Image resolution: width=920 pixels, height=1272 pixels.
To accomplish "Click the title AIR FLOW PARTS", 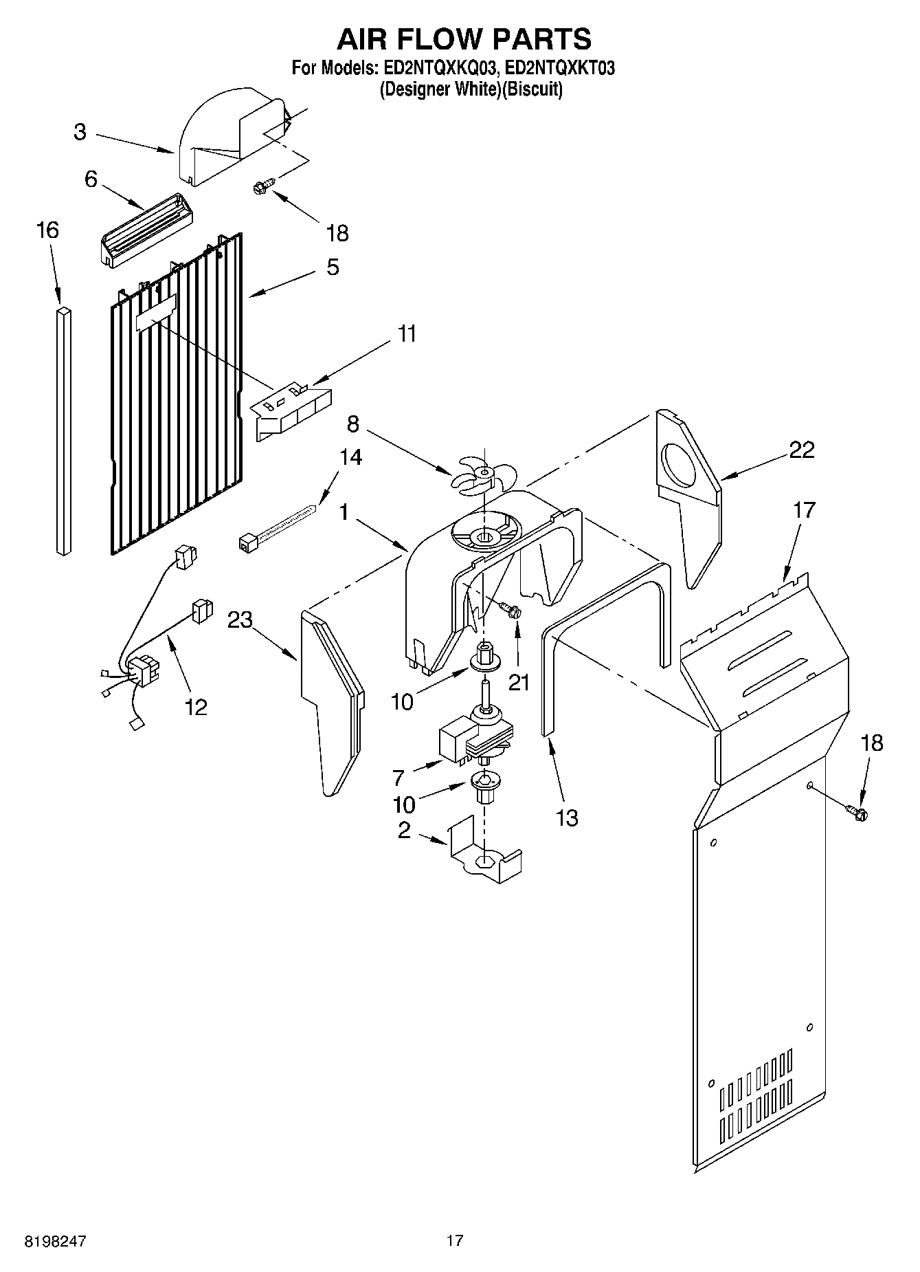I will pyautogui.click(x=463, y=39).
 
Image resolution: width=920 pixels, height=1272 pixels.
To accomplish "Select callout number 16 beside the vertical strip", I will pyautogui.click(x=47, y=230).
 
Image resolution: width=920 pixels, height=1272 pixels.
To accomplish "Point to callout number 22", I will pyautogui.click(x=801, y=450).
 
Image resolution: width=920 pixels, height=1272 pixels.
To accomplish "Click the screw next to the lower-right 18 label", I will pyautogui.click(x=857, y=813).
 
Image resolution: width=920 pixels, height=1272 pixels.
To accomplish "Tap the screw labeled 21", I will pyautogui.click(x=510, y=609).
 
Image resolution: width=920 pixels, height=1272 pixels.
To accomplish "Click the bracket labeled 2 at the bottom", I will pyautogui.click(x=485, y=852).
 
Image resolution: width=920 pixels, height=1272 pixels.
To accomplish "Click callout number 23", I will pyautogui.click(x=240, y=619).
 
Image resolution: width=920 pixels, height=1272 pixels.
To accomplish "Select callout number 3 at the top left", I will pyautogui.click(x=80, y=132).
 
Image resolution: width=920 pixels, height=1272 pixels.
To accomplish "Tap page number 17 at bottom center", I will pyautogui.click(x=454, y=1241).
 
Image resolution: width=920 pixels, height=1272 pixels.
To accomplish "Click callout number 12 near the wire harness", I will pyautogui.click(x=196, y=706).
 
